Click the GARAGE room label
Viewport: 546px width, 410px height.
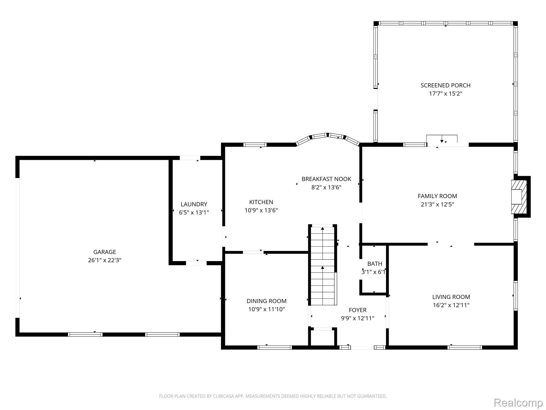coord(105,252)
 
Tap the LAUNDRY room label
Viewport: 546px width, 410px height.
coord(194,204)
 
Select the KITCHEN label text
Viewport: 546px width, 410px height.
coord(261,202)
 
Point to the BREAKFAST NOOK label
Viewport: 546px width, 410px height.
coord(326,179)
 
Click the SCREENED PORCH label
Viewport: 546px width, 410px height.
coord(445,85)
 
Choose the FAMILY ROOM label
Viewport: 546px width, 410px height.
coord(437,196)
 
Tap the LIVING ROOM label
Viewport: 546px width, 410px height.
coord(451,297)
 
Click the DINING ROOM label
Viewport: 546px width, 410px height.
coord(266,301)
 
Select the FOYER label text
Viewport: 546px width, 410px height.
coord(358,310)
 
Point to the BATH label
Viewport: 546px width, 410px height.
coord(375,264)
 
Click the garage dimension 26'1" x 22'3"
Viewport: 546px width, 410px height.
coord(105,260)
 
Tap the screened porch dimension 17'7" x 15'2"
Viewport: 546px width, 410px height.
coord(445,94)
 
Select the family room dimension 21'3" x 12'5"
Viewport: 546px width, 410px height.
coord(437,204)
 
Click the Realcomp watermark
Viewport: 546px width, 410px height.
coord(518,403)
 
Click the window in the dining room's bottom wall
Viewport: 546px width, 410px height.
coord(274,347)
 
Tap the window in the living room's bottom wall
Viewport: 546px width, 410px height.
coord(465,347)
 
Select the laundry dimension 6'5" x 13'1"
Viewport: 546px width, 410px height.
coord(194,212)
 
